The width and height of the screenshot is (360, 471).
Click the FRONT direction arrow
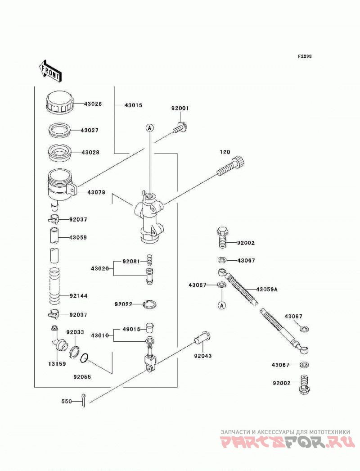(x=50, y=71)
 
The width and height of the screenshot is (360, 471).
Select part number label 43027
(x=90, y=131)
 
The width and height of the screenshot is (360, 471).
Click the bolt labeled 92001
(x=180, y=127)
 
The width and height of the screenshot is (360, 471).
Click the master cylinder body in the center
(x=149, y=217)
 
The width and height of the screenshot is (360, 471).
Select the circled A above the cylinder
(x=150, y=128)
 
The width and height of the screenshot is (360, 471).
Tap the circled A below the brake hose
(x=222, y=305)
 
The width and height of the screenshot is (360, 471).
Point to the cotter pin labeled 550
(x=84, y=401)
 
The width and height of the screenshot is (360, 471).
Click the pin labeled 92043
(x=202, y=338)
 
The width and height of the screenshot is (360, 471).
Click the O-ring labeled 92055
(x=85, y=358)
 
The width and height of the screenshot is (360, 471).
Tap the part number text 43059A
(x=267, y=290)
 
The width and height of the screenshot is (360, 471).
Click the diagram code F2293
(x=305, y=56)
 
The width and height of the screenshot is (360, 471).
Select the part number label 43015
(x=133, y=105)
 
